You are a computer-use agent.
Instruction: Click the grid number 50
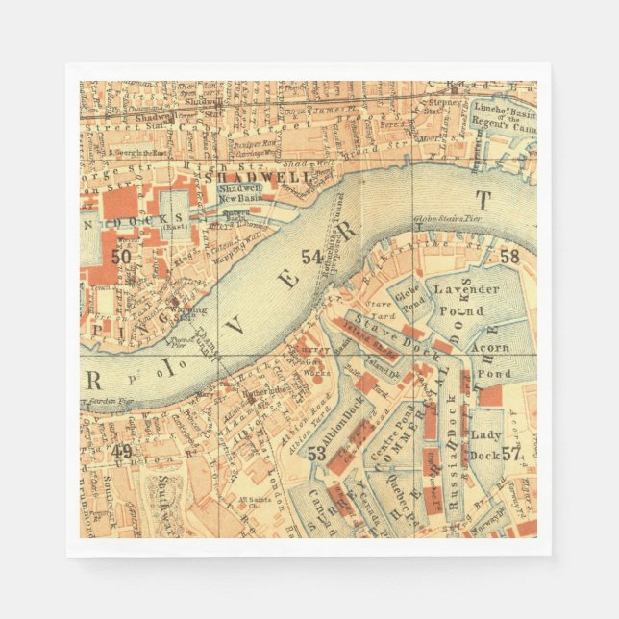point(121,257)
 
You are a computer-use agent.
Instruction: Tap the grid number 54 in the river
point(311,257)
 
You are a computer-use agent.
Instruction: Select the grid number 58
point(509,257)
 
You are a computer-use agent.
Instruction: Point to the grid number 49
point(121,451)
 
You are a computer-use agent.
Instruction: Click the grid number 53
point(316,454)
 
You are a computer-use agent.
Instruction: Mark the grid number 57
point(510,454)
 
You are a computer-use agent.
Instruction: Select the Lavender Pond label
point(466,300)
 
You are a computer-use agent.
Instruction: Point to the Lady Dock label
point(485,441)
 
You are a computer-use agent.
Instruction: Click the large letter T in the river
point(483,200)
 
